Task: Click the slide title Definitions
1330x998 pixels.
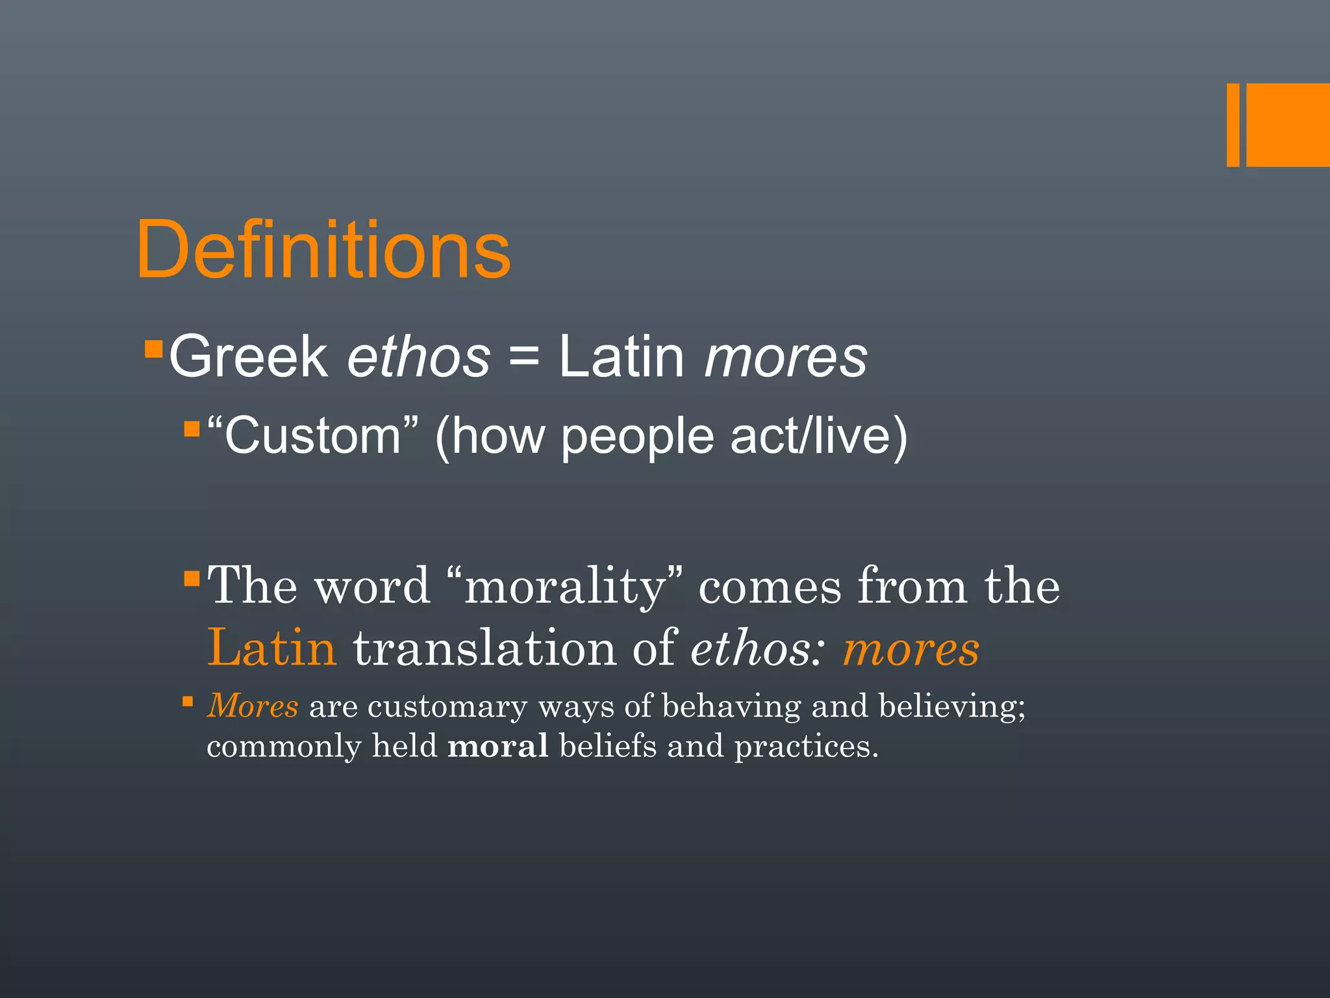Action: point(323,250)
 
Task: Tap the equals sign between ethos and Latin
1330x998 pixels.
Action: point(524,357)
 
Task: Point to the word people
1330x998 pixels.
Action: point(637,438)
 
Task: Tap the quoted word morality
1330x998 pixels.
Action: point(565,586)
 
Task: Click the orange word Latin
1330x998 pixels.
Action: point(271,648)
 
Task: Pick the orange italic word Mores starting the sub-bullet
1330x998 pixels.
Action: point(253,706)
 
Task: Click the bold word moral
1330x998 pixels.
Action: point(497,746)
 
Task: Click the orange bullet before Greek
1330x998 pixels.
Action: point(153,350)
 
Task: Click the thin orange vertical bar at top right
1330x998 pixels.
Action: point(1233,125)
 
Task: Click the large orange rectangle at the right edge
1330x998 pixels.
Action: point(1288,125)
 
